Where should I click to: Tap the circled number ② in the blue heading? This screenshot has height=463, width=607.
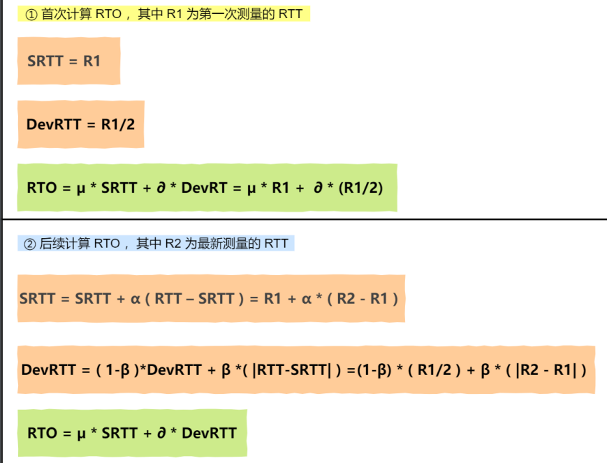[x=29, y=243]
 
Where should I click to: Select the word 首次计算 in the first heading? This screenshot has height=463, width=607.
[x=64, y=14]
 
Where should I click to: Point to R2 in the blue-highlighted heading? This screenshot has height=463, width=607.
[x=173, y=243]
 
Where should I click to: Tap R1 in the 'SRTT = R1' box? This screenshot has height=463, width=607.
[x=92, y=61]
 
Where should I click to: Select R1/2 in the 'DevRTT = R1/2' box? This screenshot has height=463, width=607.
[x=118, y=124]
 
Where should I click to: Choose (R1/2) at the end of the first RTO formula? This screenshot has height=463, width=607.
[x=360, y=188]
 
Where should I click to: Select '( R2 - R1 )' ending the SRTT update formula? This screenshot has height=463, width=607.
[x=364, y=299]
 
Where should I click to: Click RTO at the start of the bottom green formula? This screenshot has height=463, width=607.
[x=42, y=433]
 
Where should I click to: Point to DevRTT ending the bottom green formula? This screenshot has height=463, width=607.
[x=209, y=433]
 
